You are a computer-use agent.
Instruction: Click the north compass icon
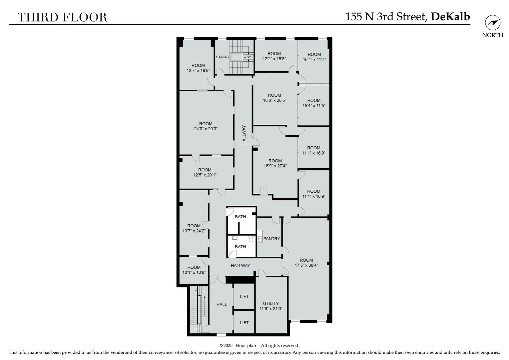click(x=493, y=23)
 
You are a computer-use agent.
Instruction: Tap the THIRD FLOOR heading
click(x=63, y=17)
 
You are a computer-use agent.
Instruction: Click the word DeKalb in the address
click(x=450, y=17)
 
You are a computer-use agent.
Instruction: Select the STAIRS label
click(x=222, y=57)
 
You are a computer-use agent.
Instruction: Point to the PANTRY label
click(x=271, y=239)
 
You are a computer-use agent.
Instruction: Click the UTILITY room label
click(x=270, y=303)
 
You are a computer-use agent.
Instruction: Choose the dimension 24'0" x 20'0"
click(x=206, y=129)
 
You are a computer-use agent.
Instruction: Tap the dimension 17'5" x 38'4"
click(x=306, y=265)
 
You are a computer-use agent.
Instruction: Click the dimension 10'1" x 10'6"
click(x=194, y=272)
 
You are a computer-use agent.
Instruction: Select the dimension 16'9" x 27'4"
click(x=275, y=166)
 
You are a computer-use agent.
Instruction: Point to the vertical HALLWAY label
click(x=244, y=135)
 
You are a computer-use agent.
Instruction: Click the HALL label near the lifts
click(x=222, y=305)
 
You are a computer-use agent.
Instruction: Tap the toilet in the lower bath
click(x=251, y=239)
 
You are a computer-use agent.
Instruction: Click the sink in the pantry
click(x=260, y=239)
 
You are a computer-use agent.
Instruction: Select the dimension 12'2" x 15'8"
click(x=274, y=59)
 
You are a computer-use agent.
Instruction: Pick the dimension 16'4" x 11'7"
click(x=314, y=59)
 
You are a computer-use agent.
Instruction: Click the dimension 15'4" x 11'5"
click(x=314, y=106)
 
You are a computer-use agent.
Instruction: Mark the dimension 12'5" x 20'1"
click(x=205, y=175)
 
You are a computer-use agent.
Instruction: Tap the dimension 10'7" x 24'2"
click(x=194, y=231)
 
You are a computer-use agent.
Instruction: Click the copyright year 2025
click(x=228, y=346)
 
